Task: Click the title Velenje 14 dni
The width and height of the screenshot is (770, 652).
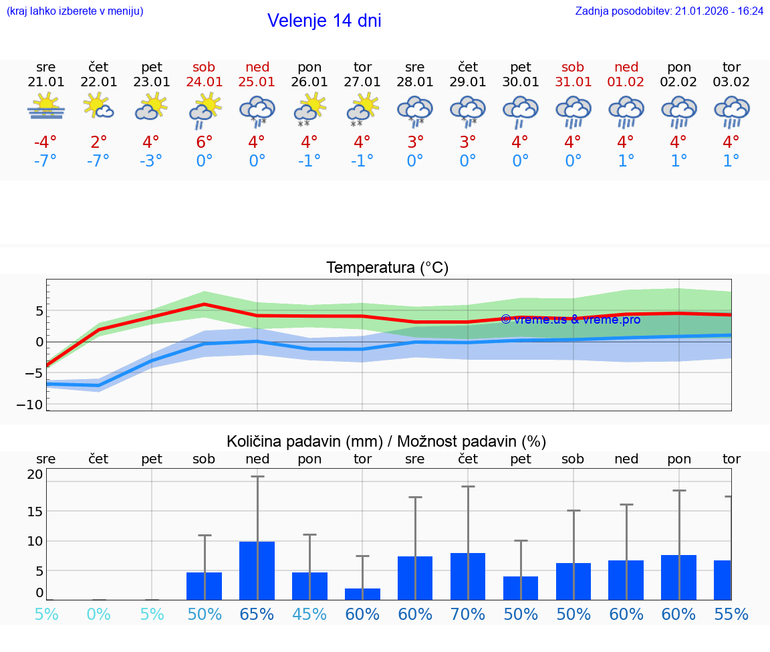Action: coord(324,21)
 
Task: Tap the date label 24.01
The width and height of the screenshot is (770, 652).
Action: coord(204,82)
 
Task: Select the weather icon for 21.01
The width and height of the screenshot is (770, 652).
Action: coord(45,107)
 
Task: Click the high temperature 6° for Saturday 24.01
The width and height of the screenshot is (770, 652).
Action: coord(204,142)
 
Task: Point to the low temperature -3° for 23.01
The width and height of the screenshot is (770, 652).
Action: coord(151,161)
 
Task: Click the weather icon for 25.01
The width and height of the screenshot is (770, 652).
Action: coord(257,111)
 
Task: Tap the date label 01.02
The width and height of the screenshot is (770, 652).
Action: coord(626,82)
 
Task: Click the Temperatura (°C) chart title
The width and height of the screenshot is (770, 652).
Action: coord(387,268)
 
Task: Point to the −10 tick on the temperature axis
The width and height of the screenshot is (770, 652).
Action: coord(34,405)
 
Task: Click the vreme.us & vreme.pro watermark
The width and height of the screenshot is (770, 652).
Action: coord(570,320)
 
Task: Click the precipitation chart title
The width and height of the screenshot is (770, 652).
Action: coord(386,441)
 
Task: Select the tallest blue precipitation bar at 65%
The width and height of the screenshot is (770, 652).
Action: coord(257,570)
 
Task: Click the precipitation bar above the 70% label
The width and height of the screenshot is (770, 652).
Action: coord(468,576)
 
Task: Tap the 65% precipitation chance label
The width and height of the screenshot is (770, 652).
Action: coord(257,614)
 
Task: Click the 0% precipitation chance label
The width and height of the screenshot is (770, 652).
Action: coord(99,614)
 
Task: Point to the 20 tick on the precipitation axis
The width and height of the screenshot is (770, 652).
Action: coord(35,475)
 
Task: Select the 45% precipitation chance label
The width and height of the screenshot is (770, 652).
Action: coord(309,614)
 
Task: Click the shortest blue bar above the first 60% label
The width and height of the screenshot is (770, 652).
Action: coord(362,594)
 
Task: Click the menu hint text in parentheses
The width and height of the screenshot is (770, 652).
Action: coord(75,11)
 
